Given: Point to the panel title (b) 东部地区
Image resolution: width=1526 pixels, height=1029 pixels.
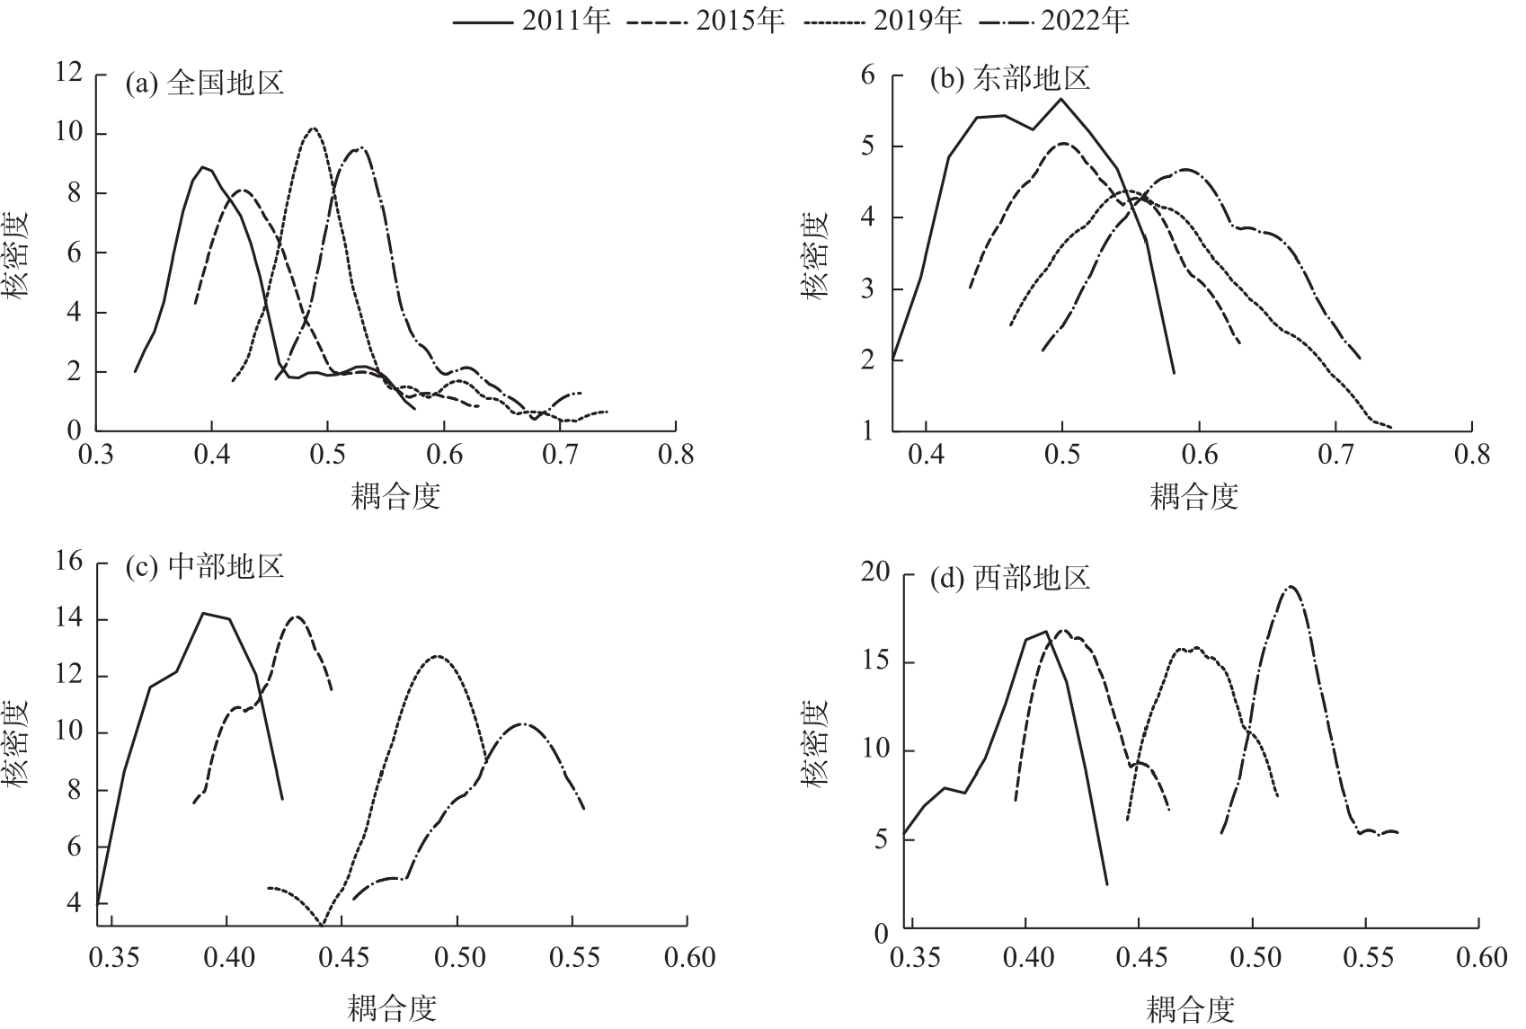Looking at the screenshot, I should pyautogui.click(x=1009, y=79).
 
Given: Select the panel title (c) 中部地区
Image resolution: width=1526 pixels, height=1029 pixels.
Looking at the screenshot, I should pyautogui.click(x=205, y=566).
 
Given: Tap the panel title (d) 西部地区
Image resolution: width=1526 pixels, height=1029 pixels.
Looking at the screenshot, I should pyautogui.click(x=1009, y=576).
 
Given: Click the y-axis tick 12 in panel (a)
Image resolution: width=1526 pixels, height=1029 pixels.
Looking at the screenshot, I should pyautogui.click(x=68, y=74).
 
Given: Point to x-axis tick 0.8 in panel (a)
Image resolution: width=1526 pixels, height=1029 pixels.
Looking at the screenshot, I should pyautogui.click(x=676, y=455).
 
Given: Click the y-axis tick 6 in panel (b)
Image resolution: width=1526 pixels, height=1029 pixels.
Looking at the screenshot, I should pyautogui.click(x=866, y=75).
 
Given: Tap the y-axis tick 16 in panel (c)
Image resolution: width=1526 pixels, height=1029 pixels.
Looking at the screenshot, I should pyautogui.click(x=68, y=562).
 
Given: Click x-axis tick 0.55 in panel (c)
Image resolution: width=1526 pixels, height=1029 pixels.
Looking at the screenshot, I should pyautogui.click(x=573, y=958).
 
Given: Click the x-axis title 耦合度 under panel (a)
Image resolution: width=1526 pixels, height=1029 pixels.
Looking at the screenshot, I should pyautogui.click(x=395, y=495).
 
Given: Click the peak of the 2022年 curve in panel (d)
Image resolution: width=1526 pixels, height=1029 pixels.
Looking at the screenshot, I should pyautogui.click(x=1291, y=587).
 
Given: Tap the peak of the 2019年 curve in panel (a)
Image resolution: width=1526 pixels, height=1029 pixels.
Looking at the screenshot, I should pyautogui.click(x=313, y=129).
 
